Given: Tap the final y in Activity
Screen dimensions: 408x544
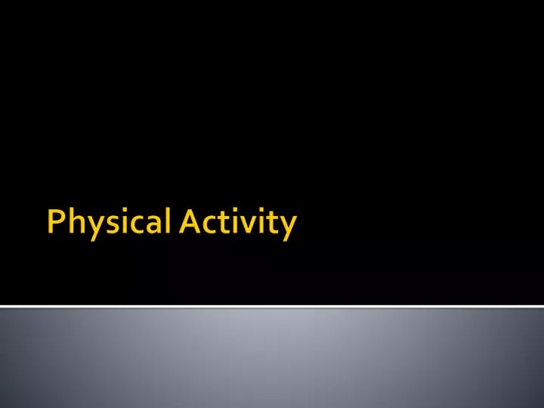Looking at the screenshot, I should tap(286, 227).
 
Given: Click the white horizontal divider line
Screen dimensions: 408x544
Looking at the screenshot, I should tap(272, 306).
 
